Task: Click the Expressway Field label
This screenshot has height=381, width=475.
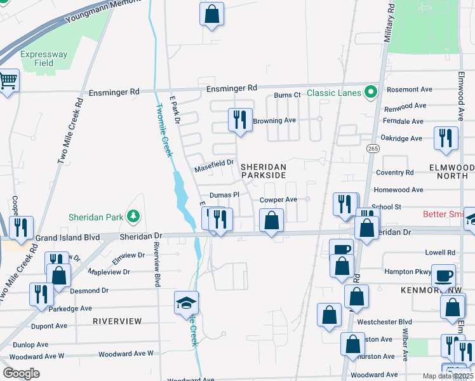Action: coord(44,58)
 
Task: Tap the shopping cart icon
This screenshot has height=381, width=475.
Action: coord(8,81)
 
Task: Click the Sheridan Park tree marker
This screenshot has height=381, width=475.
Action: coord(133,217)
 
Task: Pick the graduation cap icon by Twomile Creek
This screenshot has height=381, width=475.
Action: coord(187,303)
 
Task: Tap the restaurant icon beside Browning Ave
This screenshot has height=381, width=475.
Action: coord(239,119)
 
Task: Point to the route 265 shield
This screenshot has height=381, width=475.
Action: coord(373,149)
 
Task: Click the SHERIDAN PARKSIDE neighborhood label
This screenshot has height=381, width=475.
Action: coord(263,171)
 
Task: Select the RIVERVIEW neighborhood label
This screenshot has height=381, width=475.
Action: coord(117,321)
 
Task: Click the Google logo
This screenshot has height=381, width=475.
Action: coord(21,373)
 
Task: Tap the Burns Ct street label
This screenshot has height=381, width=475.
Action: coord(287,95)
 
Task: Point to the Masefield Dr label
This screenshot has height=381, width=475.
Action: coord(214,166)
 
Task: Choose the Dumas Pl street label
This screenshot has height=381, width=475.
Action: coord(223,195)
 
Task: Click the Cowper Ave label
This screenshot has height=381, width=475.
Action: coord(278,199)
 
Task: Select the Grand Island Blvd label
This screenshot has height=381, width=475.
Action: coord(69,237)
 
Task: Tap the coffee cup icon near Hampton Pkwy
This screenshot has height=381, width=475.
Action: coord(443,276)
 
